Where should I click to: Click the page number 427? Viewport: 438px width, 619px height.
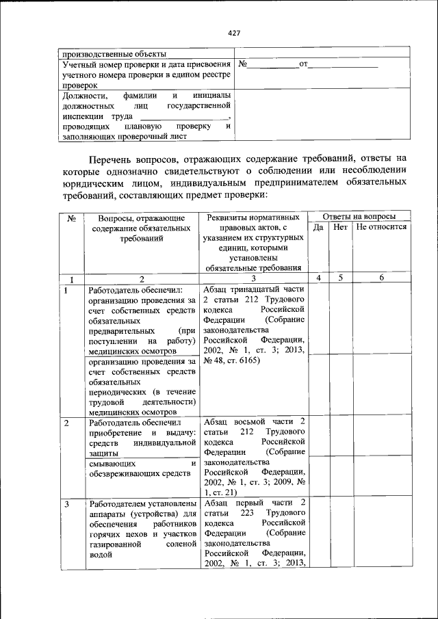click(235, 32)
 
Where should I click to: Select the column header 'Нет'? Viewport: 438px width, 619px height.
click(340, 226)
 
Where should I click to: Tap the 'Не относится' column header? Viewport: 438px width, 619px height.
click(382, 226)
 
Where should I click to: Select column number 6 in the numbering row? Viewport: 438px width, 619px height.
click(382, 278)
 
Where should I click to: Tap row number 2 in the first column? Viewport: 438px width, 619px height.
click(66, 423)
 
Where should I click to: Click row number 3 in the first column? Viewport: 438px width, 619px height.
click(66, 504)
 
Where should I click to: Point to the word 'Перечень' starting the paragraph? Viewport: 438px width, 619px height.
click(114, 159)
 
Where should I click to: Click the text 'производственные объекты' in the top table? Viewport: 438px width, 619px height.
click(114, 54)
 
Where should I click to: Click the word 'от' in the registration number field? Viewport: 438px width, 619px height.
click(305, 65)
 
